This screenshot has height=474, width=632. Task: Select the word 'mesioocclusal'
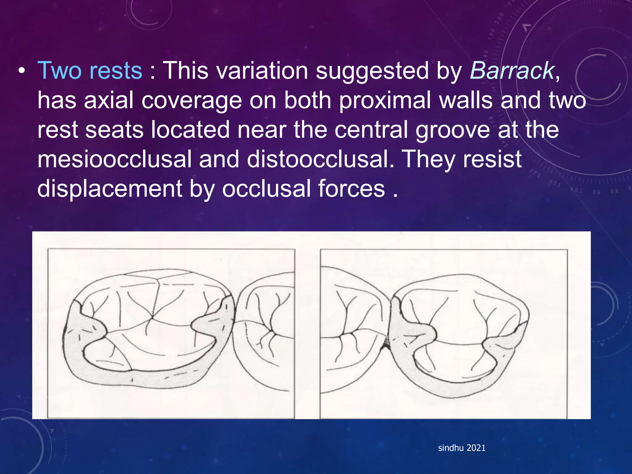click(114, 159)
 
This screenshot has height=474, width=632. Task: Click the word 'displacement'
click(110, 189)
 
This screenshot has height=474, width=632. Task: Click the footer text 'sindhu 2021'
click(462, 448)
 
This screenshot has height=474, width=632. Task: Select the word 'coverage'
click(191, 101)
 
